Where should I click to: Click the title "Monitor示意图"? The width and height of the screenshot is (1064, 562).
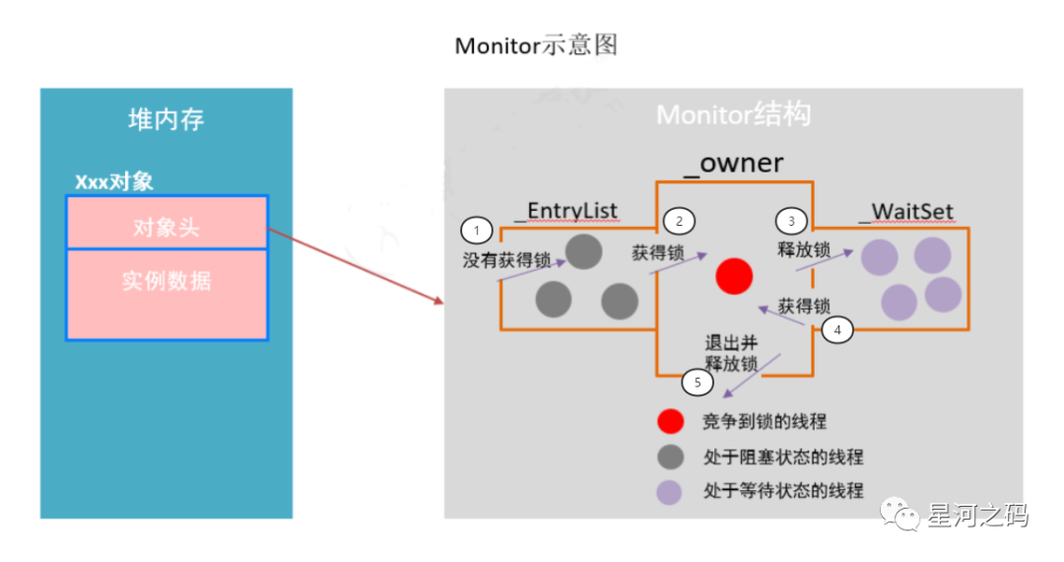click(x=536, y=46)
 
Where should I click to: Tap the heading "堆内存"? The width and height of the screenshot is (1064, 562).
click(x=166, y=120)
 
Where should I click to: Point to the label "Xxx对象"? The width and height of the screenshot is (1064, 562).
click(x=114, y=182)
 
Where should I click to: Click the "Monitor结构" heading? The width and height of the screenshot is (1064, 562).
click(x=733, y=115)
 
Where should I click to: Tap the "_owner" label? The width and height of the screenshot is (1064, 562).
click(x=733, y=163)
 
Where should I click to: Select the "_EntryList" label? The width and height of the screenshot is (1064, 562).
click(x=565, y=211)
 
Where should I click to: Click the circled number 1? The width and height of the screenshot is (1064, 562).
click(x=477, y=232)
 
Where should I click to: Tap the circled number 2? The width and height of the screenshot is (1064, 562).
click(x=679, y=221)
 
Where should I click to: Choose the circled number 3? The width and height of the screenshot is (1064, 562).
click(x=791, y=221)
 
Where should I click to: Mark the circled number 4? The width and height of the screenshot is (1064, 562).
click(x=837, y=331)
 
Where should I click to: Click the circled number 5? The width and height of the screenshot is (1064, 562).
click(x=698, y=382)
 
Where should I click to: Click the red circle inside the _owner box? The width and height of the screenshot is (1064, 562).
click(x=734, y=276)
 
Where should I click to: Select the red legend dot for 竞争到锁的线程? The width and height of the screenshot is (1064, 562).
click(x=671, y=422)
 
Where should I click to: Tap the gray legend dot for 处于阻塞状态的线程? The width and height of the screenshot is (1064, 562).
click(x=671, y=457)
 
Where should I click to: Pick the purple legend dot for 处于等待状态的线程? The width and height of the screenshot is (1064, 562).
click(x=671, y=490)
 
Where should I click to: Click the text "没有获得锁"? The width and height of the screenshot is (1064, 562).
click(x=506, y=261)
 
